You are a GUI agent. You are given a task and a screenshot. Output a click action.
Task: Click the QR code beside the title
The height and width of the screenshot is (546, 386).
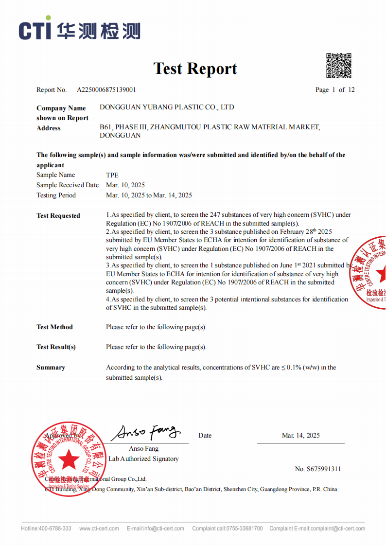[x=338, y=66]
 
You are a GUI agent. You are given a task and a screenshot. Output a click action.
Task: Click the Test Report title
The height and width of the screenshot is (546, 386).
[x=195, y=69]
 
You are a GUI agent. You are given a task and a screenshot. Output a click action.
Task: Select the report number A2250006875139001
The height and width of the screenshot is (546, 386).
[x=106, y=90]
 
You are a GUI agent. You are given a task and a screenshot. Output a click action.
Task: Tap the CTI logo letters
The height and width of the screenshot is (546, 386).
[x=35, y=31]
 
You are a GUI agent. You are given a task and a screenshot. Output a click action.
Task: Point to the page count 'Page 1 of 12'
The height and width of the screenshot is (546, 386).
[x=335, y=90]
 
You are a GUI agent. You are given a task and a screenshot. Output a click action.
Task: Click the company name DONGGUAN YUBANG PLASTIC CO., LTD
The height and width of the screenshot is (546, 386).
[x=167, y=107]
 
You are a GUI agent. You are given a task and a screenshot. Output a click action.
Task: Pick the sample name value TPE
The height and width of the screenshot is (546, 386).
[x=112, y=175]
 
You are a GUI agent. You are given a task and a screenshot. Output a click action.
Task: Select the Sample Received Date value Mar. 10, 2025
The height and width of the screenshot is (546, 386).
[x=125, y=185]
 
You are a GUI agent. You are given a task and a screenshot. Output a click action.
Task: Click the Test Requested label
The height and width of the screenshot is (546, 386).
[x=58, y=216]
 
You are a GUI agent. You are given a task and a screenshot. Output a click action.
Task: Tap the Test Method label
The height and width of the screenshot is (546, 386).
[x=54, y=327]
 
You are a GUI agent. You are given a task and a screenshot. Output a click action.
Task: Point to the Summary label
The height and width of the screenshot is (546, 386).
[x=51, y=368]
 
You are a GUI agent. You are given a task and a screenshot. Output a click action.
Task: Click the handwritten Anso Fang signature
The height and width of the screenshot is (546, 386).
[x=146, y=432]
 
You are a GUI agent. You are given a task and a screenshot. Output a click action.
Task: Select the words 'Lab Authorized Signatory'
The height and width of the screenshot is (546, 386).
[x=143, y=458]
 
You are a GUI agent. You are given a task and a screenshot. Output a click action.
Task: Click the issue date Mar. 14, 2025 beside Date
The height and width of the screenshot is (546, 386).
[x=301, y=436]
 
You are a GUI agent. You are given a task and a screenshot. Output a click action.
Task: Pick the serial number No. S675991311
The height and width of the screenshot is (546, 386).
[x=318, y=469]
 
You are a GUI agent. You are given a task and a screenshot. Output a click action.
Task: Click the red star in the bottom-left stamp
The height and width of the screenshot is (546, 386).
[x=69, y=459]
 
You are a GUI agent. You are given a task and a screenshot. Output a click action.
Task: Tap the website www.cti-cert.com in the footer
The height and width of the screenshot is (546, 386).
[x=99, y=528]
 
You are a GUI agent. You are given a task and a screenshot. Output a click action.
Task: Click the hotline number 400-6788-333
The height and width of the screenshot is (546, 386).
[x=55, y=528]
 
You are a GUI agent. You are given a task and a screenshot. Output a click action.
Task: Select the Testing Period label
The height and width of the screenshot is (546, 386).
[x=56, y=195]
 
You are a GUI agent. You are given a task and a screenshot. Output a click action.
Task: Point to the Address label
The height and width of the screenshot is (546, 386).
[x=49, y=128]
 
